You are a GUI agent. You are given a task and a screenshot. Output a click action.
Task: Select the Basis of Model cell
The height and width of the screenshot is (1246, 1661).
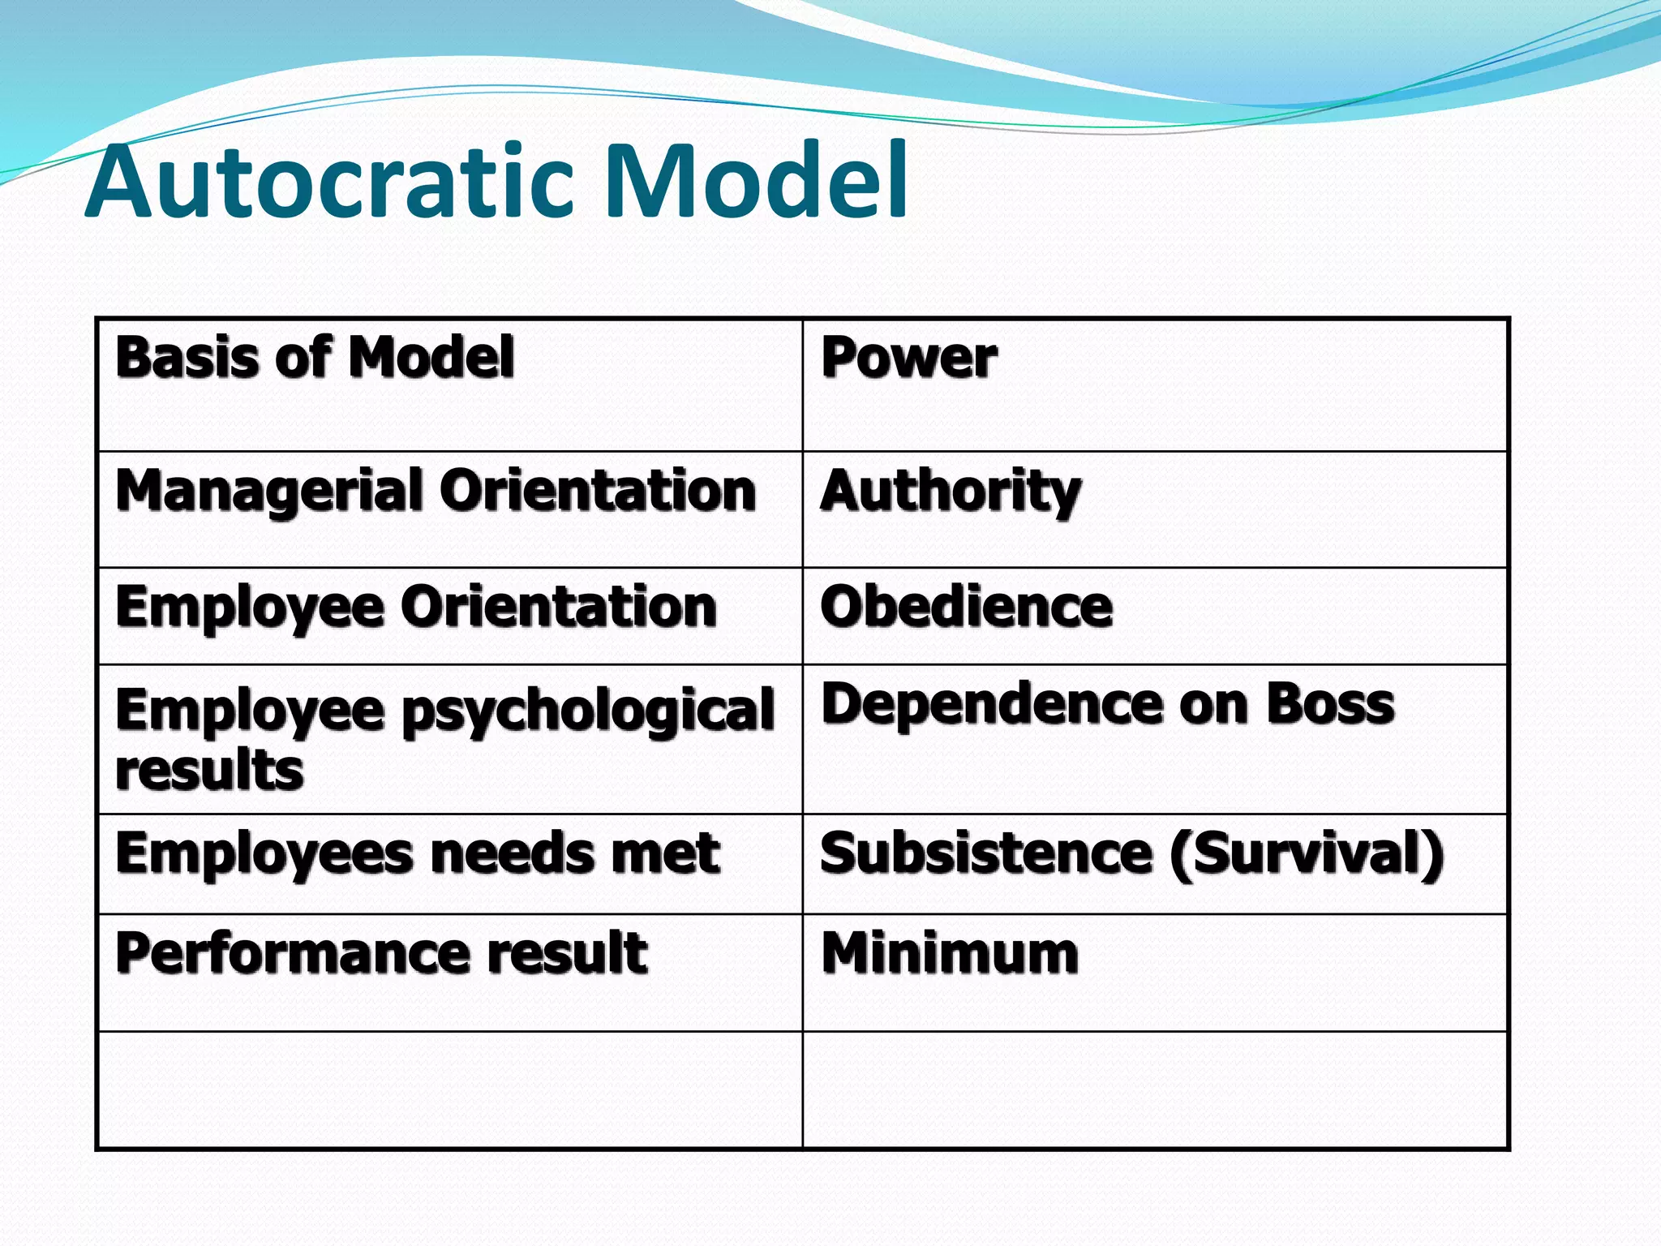pyautogui.click(x=315, y=357)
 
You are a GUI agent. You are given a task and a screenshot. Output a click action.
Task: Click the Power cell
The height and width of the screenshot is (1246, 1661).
pyautogui.click(x=908, y=357)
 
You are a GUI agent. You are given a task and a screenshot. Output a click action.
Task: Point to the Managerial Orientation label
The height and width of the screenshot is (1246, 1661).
pyautogui.click(x=436, y=492)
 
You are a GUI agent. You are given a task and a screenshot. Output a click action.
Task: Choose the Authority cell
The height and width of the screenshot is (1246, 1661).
pyautogui.click(x=951, y=492)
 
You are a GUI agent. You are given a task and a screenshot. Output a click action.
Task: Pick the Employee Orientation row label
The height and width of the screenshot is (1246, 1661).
pyautogui.click(x=416, y=608)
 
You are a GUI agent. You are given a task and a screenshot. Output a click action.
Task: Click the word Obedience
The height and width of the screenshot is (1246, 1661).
pyautogui.click(x=966, y=608)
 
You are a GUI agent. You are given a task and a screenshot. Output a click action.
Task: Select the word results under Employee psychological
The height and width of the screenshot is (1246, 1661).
pyautogui.click(x=209, y=769)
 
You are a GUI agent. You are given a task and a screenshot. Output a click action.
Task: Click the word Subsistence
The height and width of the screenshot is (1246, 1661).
pyautogui.click(x=986, y=854)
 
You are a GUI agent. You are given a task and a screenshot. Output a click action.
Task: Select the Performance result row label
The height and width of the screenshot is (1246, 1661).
pyautogui.click(x=381, y=952)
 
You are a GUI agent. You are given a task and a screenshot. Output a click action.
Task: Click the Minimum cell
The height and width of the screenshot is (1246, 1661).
pyautogui.click(x=950, y=952)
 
